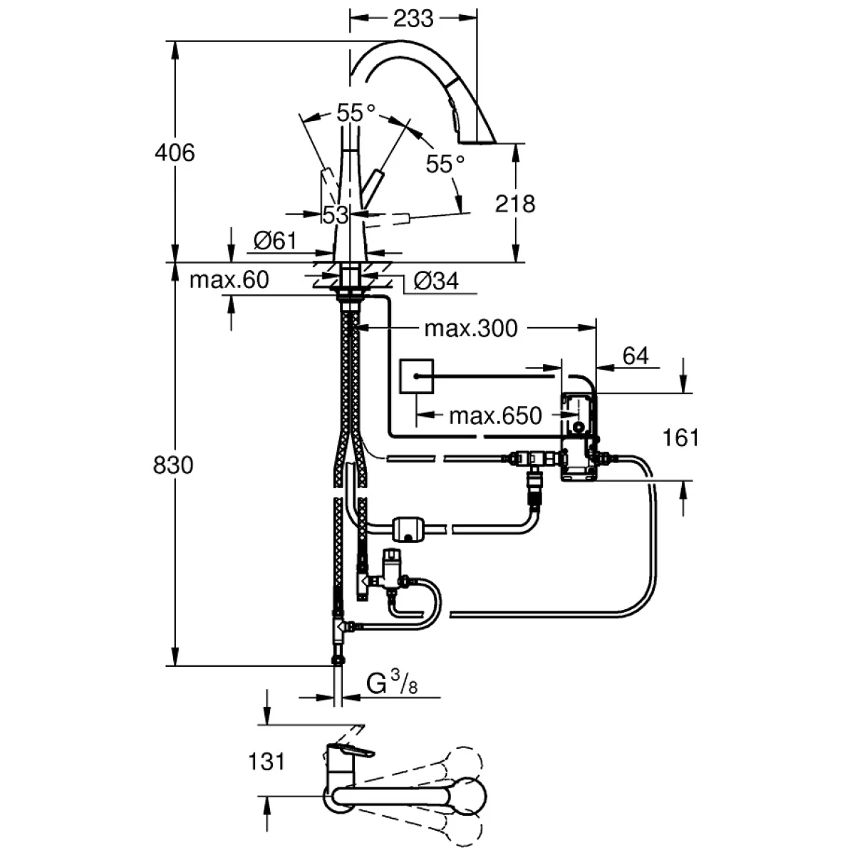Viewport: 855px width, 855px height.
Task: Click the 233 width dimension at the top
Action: pyautogui.click(x=413, y=18)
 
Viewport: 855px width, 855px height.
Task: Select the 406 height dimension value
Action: pyautogui.click(x=175, y=152)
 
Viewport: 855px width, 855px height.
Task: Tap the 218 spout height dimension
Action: pyautogui.click(x=514, y=204)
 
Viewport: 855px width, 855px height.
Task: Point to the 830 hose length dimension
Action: pyautogui.click(x=173, y=465)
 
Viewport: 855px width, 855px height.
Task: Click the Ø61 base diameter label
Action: pyautogui.click(x=274, y=242)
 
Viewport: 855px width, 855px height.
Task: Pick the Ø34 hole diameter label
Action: pyautogui.click(x=435, y=281)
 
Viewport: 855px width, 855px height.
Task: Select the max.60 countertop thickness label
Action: pyautogui.click(x=229, y=280)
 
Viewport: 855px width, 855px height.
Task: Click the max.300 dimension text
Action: pyautogui.click(x=470, y=328)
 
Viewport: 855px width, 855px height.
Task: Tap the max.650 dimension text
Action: pyautogui.click(x=495, y=415)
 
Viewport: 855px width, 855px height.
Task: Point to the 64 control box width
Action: pyautogui.click(x=636, y=355)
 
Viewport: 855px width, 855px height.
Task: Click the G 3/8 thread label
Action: pyautogui.click(x=391, y=685)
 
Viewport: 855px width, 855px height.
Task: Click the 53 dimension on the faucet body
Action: pyautogui.click(x=335, y=214)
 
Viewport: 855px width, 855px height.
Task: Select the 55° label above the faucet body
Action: pyautogui.click(x=356, y=113)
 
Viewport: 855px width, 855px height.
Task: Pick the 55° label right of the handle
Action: pyautogui.click(x=445, y=164)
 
